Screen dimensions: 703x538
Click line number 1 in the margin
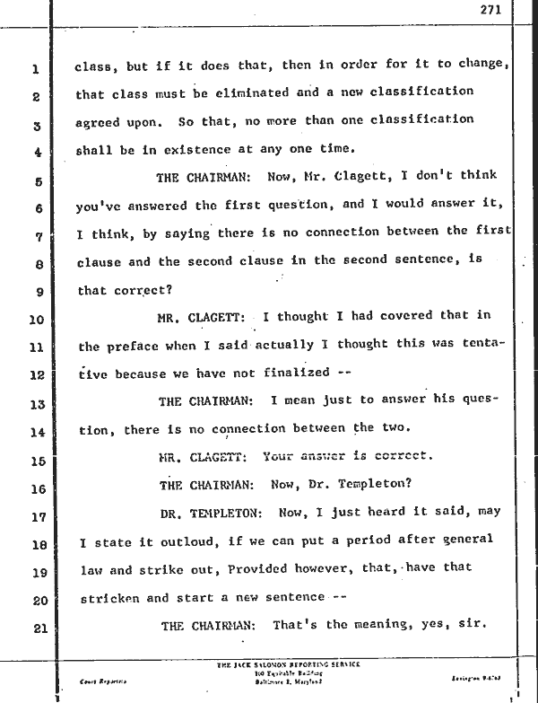33,68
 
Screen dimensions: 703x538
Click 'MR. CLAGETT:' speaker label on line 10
202,317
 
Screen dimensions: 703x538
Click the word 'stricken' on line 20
110,597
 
